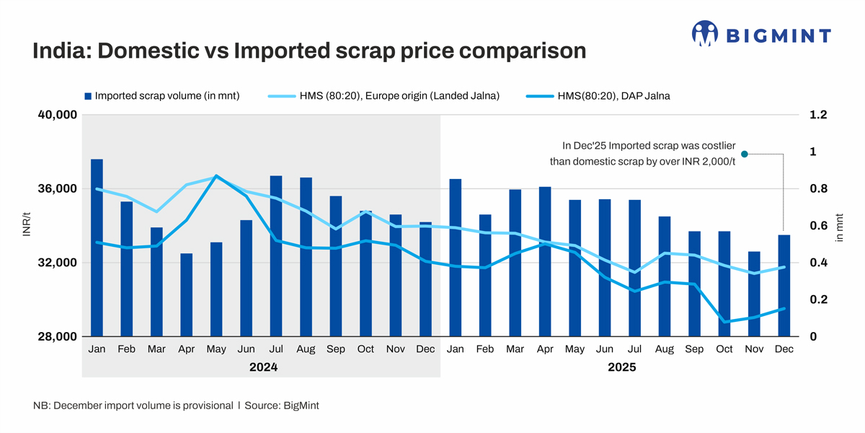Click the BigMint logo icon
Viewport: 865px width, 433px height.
click(705, 33)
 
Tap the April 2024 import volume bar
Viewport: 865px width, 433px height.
click(186, 294)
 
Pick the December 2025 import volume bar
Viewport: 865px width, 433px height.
click(784, 285)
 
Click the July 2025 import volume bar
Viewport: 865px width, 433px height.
click(634, 268)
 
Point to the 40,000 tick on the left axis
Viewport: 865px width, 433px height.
click(56, 115)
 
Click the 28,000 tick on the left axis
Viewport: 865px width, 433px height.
click(56, 336)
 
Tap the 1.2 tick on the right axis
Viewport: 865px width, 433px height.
click(818, 115)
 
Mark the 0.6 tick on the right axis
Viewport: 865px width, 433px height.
click(818, 226)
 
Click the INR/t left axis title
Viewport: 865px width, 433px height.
click(27, 225)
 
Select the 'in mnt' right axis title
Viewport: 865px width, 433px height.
click(840, 225)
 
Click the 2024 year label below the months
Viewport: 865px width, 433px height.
click(263, 367)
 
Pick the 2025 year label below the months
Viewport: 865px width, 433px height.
click(621, 367)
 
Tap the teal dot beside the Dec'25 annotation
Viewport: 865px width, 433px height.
click(745, 154)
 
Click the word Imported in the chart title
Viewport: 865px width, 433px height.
click(283, 51)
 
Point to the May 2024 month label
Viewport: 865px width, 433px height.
click(216, 349)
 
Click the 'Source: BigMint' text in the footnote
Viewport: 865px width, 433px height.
click(282, 406)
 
